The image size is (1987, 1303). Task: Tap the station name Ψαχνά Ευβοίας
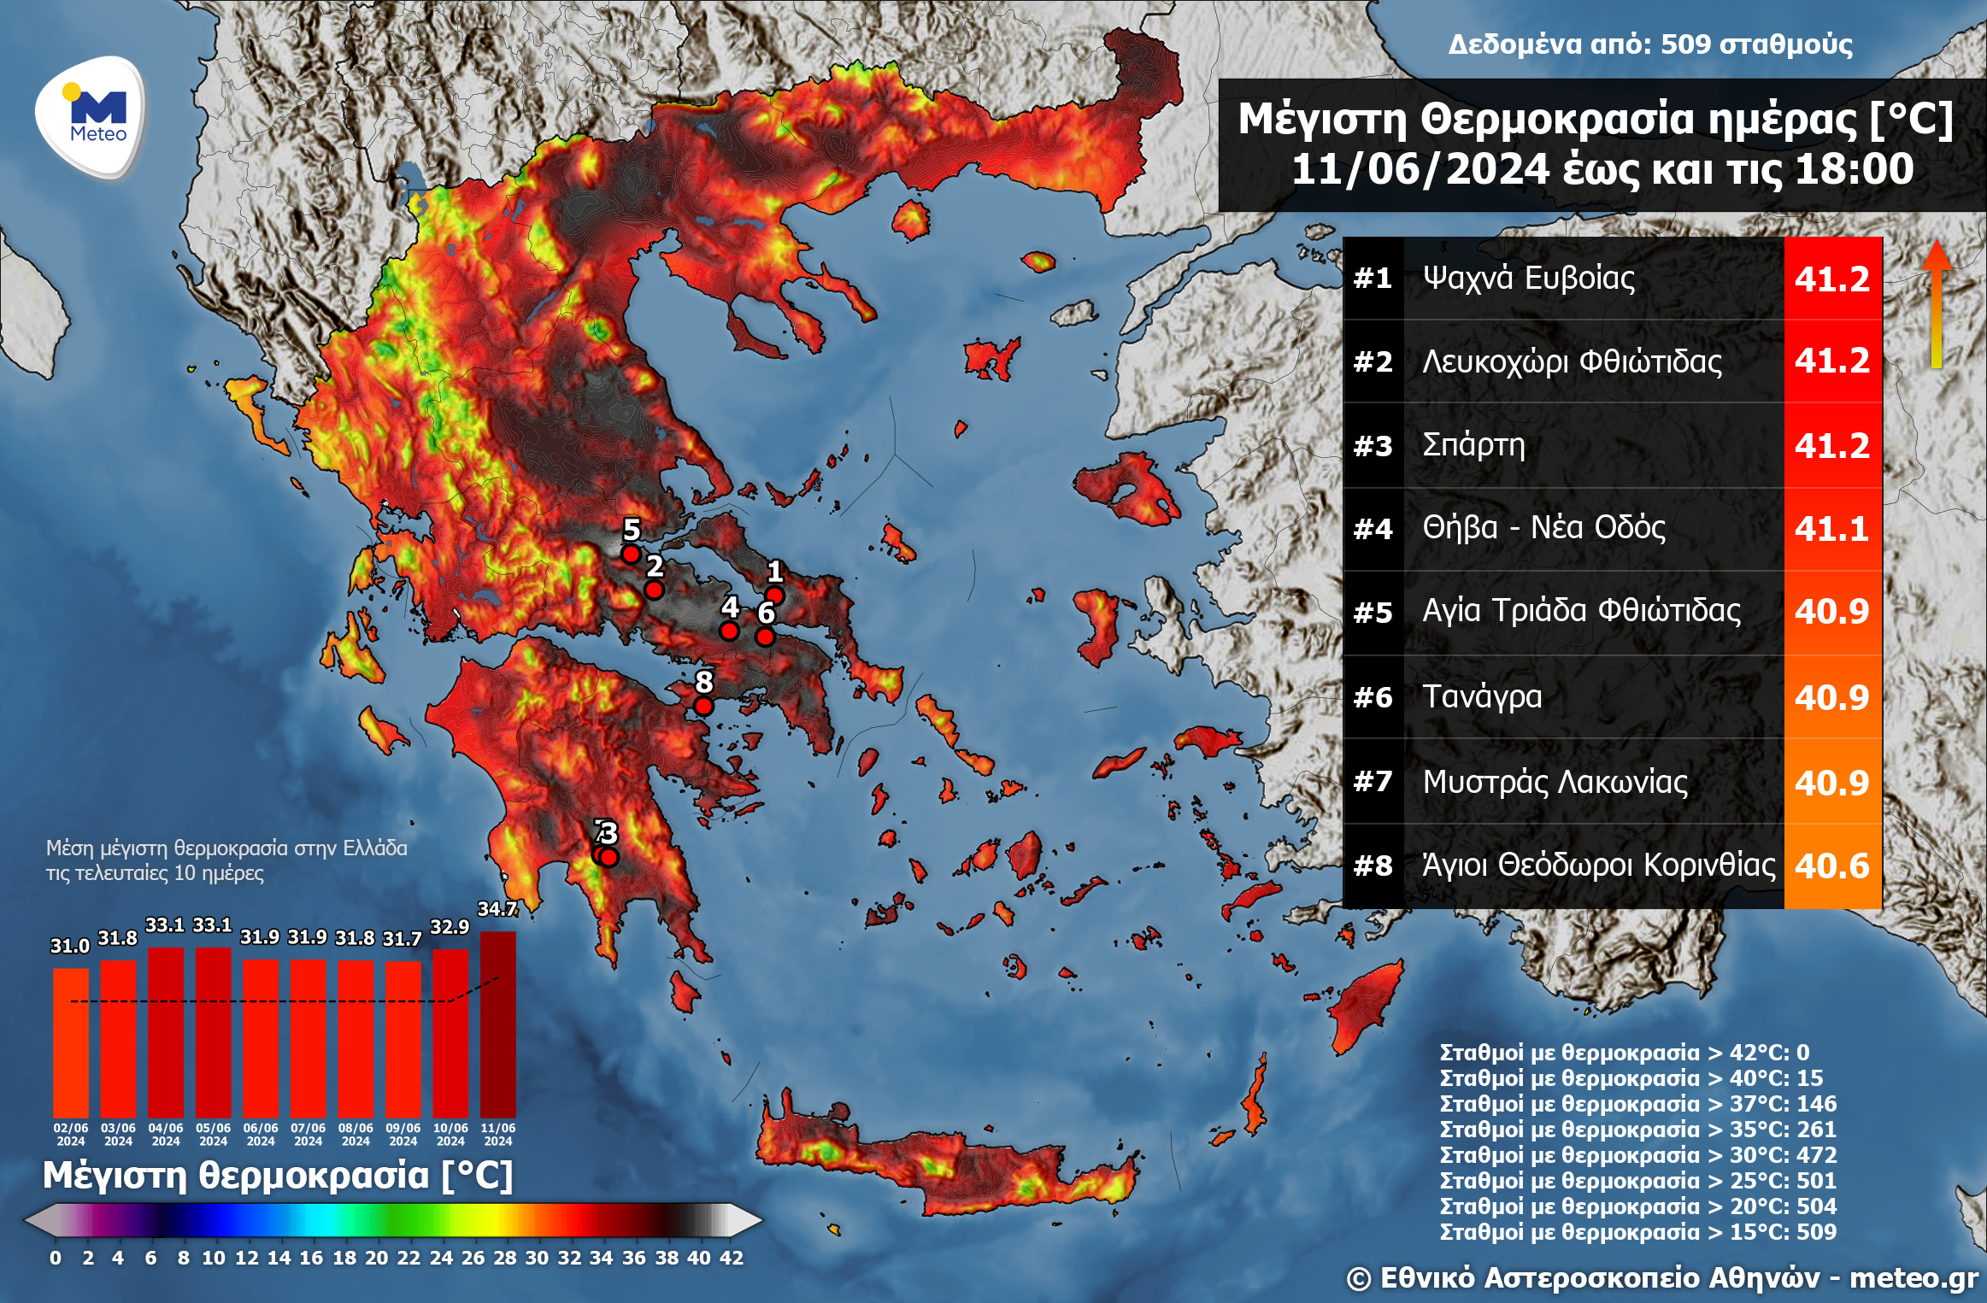pyautogui.click(x=1528, y=278)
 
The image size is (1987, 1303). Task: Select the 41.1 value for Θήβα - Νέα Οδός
pyautogui.click(x=1831, y=529)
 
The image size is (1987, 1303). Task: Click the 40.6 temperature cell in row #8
pyautogui.click(x=1831, y=866)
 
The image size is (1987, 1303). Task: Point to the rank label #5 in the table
pyautogui.click(x=1373, y=613)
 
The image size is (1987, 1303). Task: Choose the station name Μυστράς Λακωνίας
pyautogui.click(x=1555, y=782)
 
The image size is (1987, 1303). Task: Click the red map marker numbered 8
pyautogui.click(x=703, y=706)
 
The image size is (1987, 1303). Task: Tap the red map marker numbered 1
pyautogui.click(x=774, y=595)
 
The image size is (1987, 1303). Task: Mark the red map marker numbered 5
pyautogui.click(x=631, y=554)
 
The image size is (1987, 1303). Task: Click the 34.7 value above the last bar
pyautogui.click(x=497, y=909)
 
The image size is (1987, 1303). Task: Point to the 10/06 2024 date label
pyautogui.click(x=450, y=1134)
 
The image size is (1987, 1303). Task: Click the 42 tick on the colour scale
pyautogui.click(x=731, y=1258)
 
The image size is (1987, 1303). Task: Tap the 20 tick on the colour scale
pyautogui.click(x=376, y=1258)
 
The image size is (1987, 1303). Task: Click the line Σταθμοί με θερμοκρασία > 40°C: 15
pyautogui.click(x=1631, y=1078)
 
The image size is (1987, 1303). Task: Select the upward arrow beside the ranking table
pyautogui.click(x=1937, y=303)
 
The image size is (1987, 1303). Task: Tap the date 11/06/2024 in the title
pyautogui.click(x=1420, y=169)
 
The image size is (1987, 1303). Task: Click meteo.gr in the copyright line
pyautogui.click(x=1914, y=1278)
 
